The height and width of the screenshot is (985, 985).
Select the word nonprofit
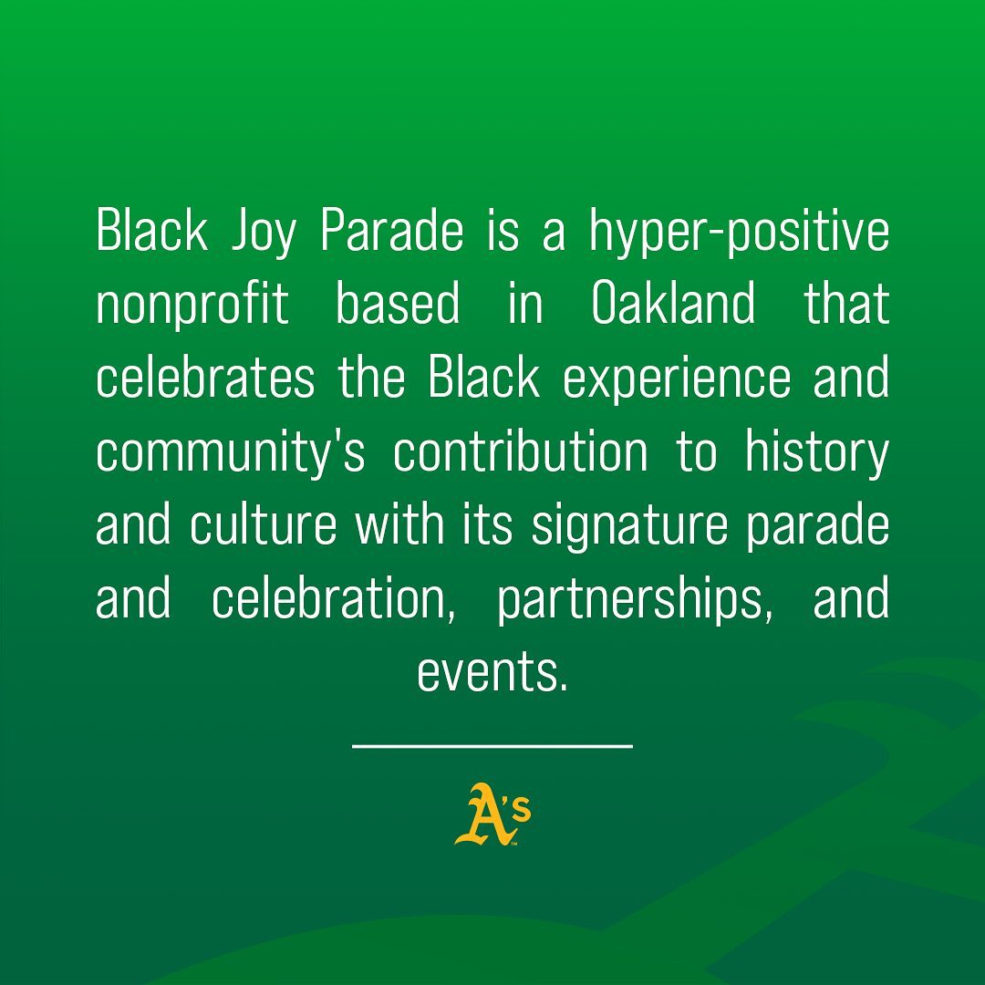(192, 305)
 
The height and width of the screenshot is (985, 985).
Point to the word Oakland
(674, 305)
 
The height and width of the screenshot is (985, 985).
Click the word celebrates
(205, 378)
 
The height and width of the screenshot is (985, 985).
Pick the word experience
(677, 378)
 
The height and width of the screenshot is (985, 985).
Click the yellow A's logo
(492, 814)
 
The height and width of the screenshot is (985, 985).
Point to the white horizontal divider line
(493, 746)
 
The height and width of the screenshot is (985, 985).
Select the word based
(398, 305)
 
